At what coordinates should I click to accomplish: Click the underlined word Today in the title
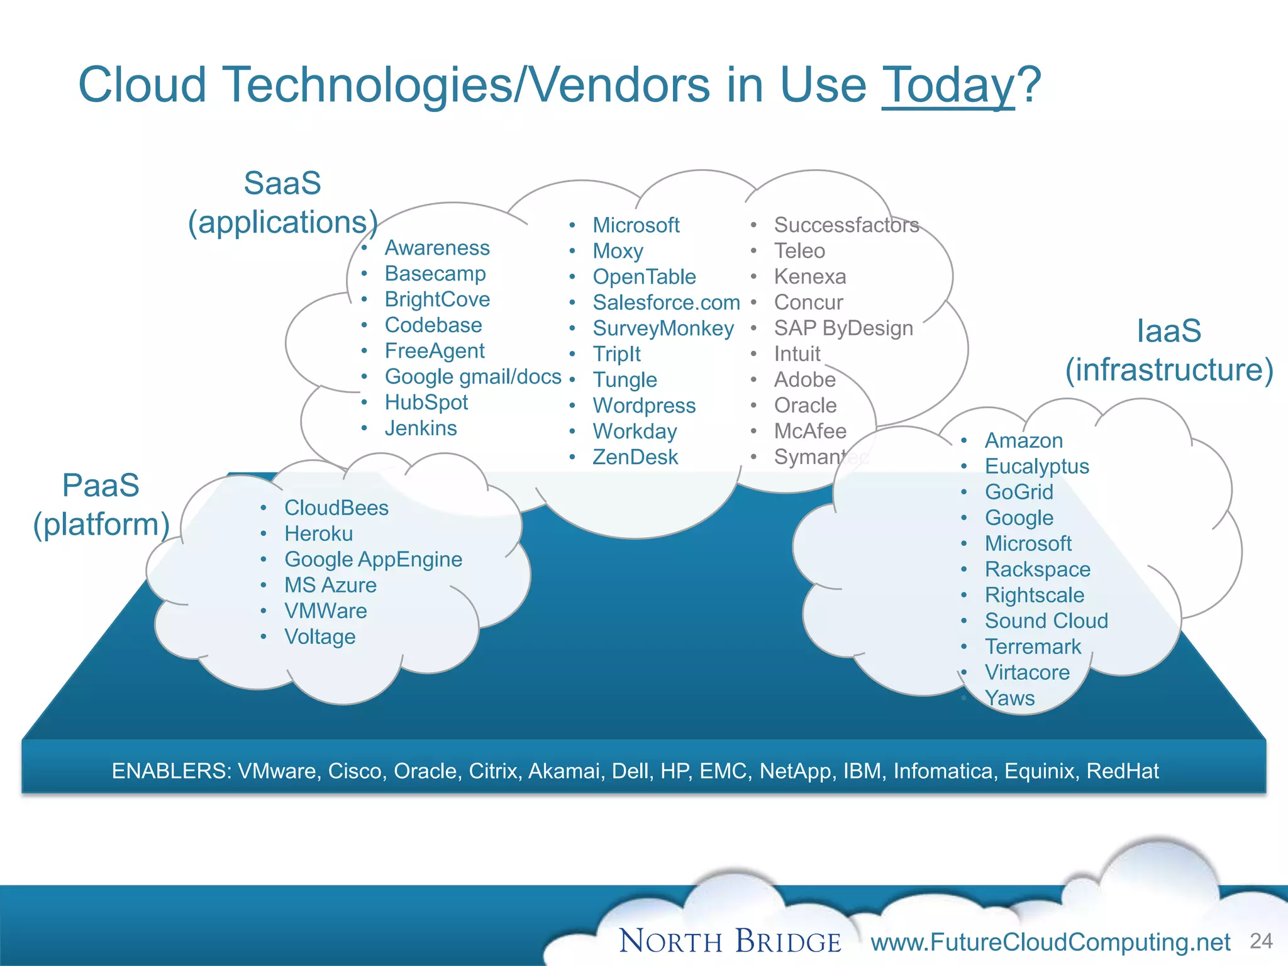click(x=948, y=86)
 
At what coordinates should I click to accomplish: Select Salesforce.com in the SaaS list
click(x=666, y=303)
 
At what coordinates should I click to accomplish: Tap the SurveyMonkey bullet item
click(x=663, y=328)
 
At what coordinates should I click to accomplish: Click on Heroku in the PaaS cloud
click(x=318, y=533)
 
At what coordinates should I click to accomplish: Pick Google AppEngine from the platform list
click(x=373, y=559)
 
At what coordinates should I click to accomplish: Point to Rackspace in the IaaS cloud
click(x=1037, y=569)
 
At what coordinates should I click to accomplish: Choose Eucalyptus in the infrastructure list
click(x=1036, y=466)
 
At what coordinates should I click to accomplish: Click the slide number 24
click(x=1261, y=941)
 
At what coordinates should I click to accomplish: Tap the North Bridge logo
click(x=730, y=941)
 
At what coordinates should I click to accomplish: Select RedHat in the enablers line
click(x=1122, y=771)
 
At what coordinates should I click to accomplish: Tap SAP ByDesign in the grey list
click(x=843, y=328)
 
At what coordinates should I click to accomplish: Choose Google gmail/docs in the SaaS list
click(x=472, y=377)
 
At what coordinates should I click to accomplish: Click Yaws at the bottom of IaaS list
click(x=1009, y=698)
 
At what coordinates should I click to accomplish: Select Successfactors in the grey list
click(x=846, y=225)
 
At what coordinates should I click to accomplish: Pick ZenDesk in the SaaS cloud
click(x=635, y=457)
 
